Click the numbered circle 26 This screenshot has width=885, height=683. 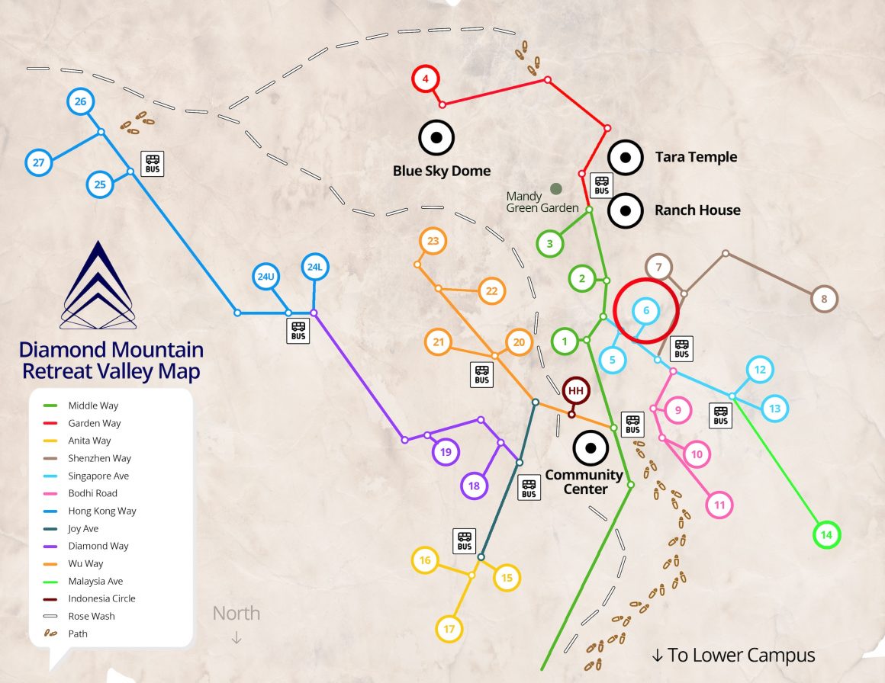point(80,101)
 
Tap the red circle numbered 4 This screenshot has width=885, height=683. point(426,79)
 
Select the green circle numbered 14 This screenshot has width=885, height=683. point(825,535)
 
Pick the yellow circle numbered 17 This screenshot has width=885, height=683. point(449,629)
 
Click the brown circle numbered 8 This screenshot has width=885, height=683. point(824,299)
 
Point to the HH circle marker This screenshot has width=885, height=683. point(576,391)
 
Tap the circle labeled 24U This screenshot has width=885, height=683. point(265,277)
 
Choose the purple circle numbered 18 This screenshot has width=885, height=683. point(474,486)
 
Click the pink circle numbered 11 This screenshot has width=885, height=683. point(719,505)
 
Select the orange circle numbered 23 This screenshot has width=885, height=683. point(433,242)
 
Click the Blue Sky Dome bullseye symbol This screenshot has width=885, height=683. point(436,138)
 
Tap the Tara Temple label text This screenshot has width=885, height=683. point(696,157)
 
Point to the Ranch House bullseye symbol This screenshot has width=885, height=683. point(625,210)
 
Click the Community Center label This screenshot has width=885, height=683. point(584,482)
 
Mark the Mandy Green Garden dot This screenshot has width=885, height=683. point(556,188)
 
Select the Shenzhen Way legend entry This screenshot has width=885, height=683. point(99,458)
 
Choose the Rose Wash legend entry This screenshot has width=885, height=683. point(92,616)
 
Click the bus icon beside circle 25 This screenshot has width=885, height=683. point(153,163)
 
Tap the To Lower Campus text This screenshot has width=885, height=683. point(733,655)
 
